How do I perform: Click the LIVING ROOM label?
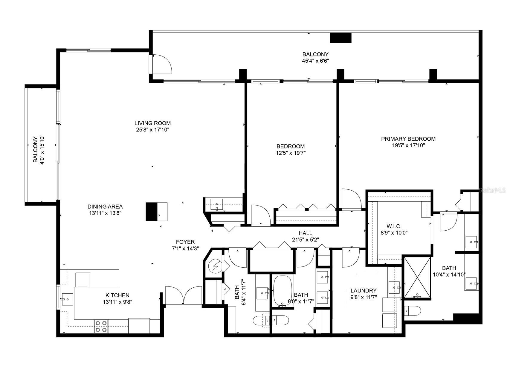(152, 123)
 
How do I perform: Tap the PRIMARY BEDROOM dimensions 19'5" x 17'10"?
(408, 145)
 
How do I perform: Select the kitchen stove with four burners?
(101, 326)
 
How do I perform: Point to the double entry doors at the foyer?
(184, 296)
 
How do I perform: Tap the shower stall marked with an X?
(417, 278)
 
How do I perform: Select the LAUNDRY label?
(364, 290)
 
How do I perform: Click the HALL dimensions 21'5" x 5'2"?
(305, 239)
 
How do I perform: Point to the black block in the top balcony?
(340, 38)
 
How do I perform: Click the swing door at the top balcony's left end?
(161, 64)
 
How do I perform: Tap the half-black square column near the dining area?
(156, 212)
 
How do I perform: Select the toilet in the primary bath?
(412, 311)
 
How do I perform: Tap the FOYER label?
(185, 242)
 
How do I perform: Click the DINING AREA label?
(105, 206)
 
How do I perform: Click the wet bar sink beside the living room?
(216, 205)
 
